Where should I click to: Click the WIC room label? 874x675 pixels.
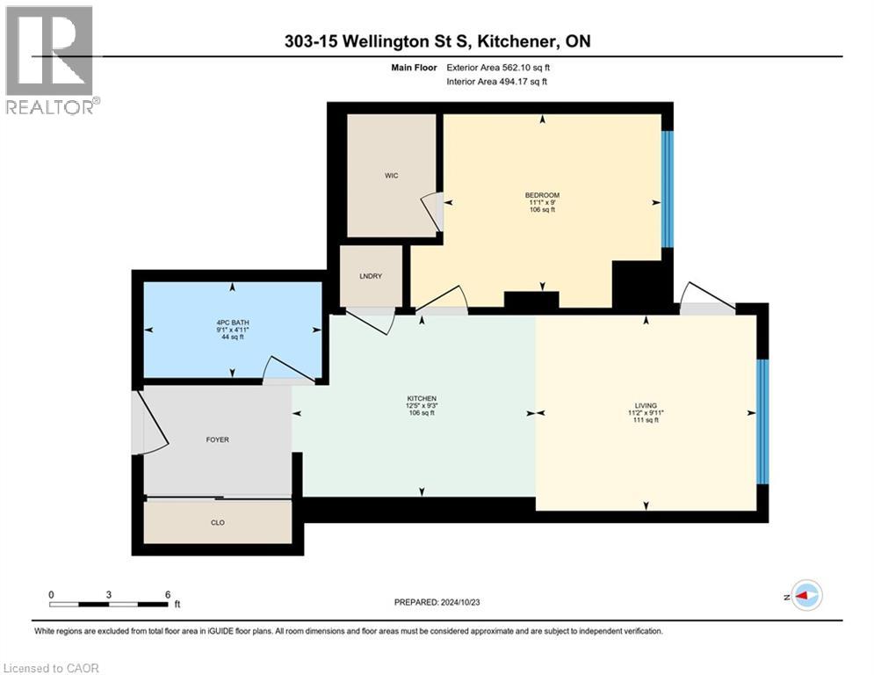tap(392, 176)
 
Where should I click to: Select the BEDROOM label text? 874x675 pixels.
tap(542, 195)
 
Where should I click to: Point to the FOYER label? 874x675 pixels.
tap(217, 439)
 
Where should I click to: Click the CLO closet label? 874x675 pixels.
tap(217, 522)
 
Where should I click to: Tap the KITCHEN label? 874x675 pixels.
tap(421, 398)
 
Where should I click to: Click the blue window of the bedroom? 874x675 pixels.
tap(667, 189)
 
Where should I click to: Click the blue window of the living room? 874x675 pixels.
tap(762, 421)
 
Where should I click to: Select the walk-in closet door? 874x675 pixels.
tap(432, 211)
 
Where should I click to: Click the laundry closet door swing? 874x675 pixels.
tap(372, 320)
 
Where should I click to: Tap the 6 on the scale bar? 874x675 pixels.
tap(167, 594)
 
